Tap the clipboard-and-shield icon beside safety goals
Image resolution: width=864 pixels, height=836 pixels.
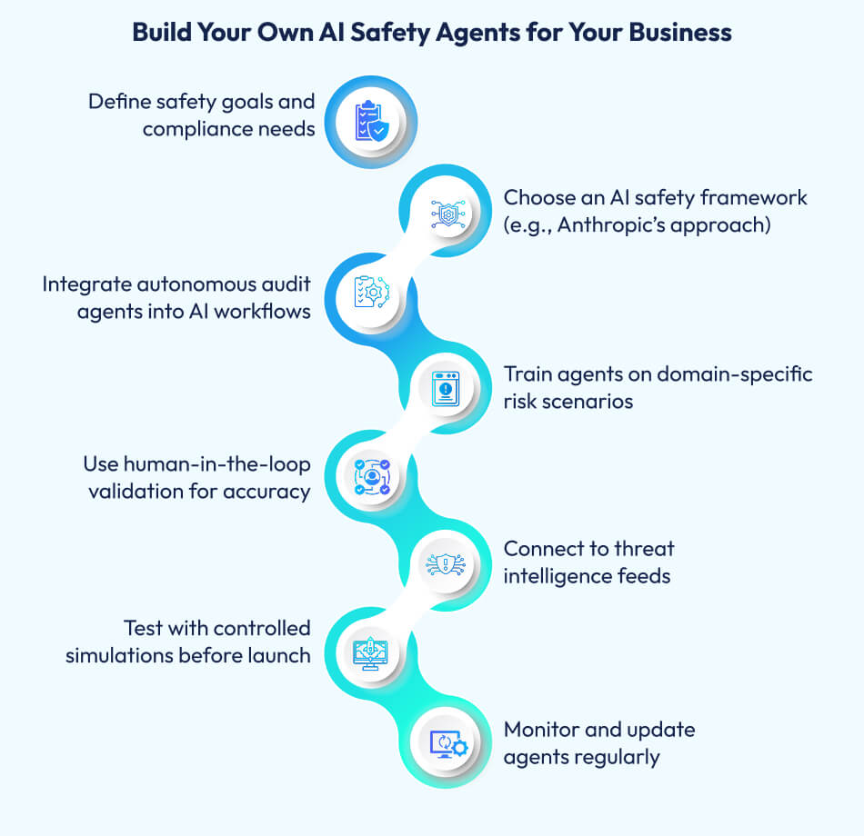pyautogui.click(x=370, y=121)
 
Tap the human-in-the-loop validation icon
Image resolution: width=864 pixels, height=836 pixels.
pyautogui.click(x=370, y=475)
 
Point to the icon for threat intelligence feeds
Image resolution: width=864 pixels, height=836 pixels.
pyautogui.click(x=448, y=563)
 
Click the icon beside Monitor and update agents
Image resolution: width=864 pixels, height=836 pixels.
pyautogui.click(x=448, y=742)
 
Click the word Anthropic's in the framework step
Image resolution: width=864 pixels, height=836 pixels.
pyautogui.click(x=605, y=224)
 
